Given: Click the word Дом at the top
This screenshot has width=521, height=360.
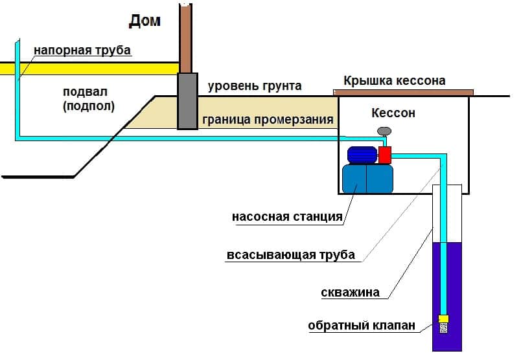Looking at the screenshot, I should [x=145, y=21].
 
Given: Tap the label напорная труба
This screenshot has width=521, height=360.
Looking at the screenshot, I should [x=82, y=50].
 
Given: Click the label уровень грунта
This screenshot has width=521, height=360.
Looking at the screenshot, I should [x=254, y=86].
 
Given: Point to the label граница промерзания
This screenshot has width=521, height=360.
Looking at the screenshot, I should [x=268, y=120].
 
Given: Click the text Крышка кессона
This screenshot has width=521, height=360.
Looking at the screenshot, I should [x=394, y=81].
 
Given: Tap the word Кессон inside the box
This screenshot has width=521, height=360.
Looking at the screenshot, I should [x=393, y=113].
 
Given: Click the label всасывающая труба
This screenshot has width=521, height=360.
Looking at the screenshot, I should [x=291, y=254].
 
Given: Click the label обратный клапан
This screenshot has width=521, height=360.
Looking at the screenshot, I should [x=361, y=326].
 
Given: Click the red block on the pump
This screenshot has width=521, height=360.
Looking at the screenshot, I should [x=385, y=155].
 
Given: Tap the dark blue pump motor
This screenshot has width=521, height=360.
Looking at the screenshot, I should [x=362, y=155].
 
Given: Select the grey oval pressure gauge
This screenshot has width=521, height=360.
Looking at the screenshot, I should [x=384, y=131].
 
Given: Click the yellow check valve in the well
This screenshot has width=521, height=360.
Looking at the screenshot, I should [x=444, y=318].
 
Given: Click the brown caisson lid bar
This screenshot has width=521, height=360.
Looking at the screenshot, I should [x=403, y=93].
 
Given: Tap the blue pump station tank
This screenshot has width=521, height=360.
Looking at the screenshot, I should [x=367, y=179].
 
